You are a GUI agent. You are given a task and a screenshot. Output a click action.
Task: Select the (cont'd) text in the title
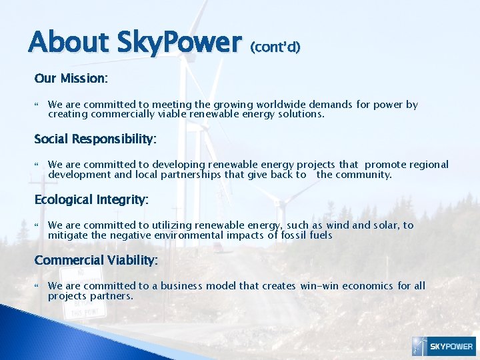pos(275,47)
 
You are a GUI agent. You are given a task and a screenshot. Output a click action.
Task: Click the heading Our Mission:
pos(71,78)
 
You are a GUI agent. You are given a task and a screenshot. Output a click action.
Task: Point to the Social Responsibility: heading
pos(95,139)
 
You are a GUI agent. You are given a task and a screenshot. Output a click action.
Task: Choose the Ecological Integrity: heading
pos(91,199)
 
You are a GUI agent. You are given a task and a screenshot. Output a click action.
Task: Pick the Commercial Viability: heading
pos(96,260)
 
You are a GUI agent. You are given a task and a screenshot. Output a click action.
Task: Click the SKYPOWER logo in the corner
pos(443,346)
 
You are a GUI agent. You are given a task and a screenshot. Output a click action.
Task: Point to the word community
pos(366,175)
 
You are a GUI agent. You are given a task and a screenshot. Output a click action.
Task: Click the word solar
pos(379,225)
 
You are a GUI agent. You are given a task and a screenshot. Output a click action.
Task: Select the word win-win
pos(319,286)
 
